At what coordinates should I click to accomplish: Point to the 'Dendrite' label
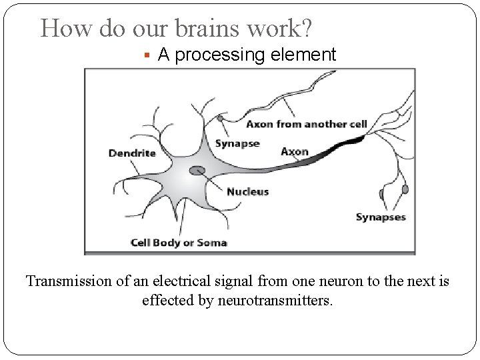click(x=132, y=153)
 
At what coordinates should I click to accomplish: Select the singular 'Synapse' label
click(x=237, y=144)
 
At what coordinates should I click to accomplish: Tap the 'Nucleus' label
click(x=247, y=191)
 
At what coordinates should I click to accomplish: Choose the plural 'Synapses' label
click(x=381, y=217)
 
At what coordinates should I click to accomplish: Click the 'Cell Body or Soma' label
click(x=179, y=243)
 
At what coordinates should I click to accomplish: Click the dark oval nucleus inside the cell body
click(x=197, y=171)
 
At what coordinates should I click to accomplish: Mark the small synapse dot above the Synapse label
click(x=220, y=118)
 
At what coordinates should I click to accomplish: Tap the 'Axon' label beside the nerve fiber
click(x=295, y=151)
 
